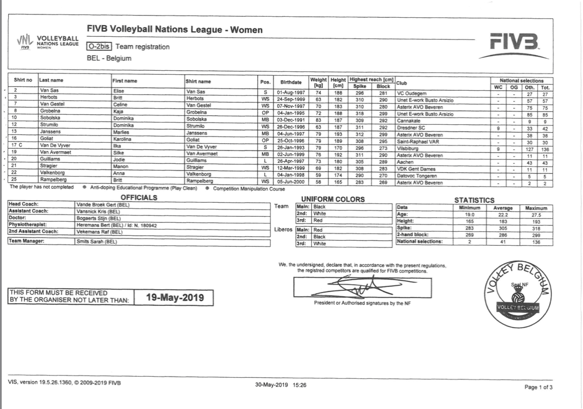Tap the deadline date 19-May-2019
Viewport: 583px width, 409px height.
pyautogui.click(x=175, y=297)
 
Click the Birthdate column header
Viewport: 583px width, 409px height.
pyautogui.click(x=291, y=81)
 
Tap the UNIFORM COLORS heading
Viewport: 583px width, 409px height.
pyautogui.click(x=332, y=199)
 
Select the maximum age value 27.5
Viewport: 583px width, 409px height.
pyautogui.click(x=536, y=215)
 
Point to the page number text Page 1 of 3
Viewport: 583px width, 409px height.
pyautogui.click(x=538, y=387)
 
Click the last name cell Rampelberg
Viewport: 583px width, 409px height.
pyautogui.click(x=53, y=179)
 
